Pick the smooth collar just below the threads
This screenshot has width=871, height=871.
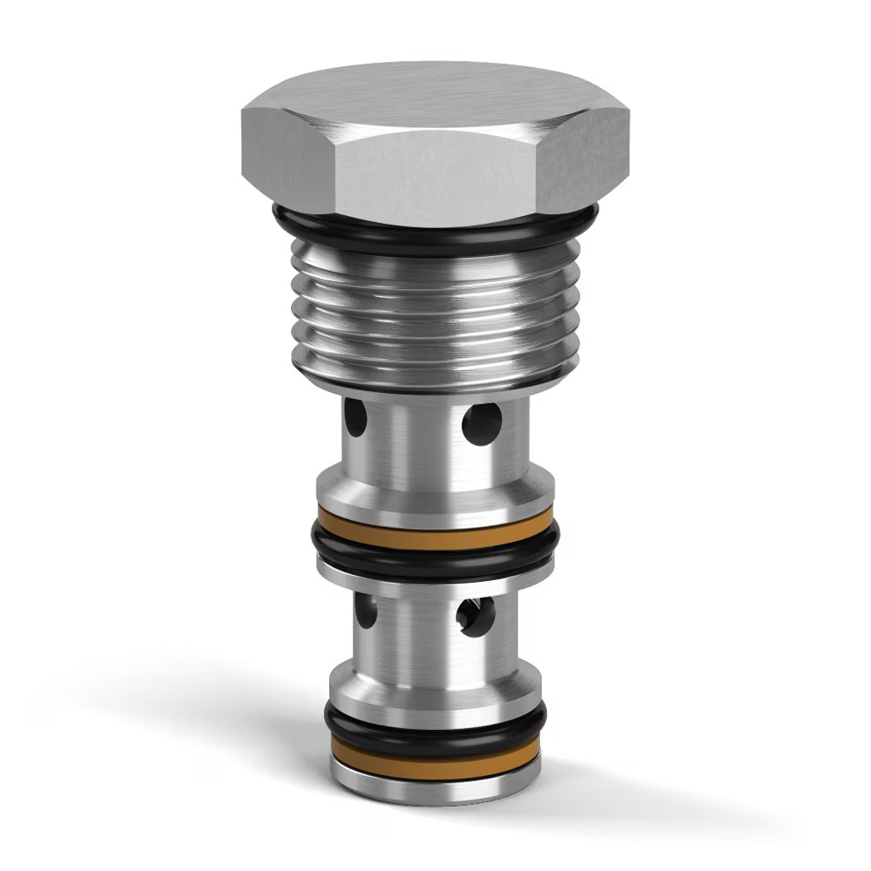435,380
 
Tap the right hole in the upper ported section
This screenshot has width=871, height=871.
482,423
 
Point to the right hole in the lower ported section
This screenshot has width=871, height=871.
476,616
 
